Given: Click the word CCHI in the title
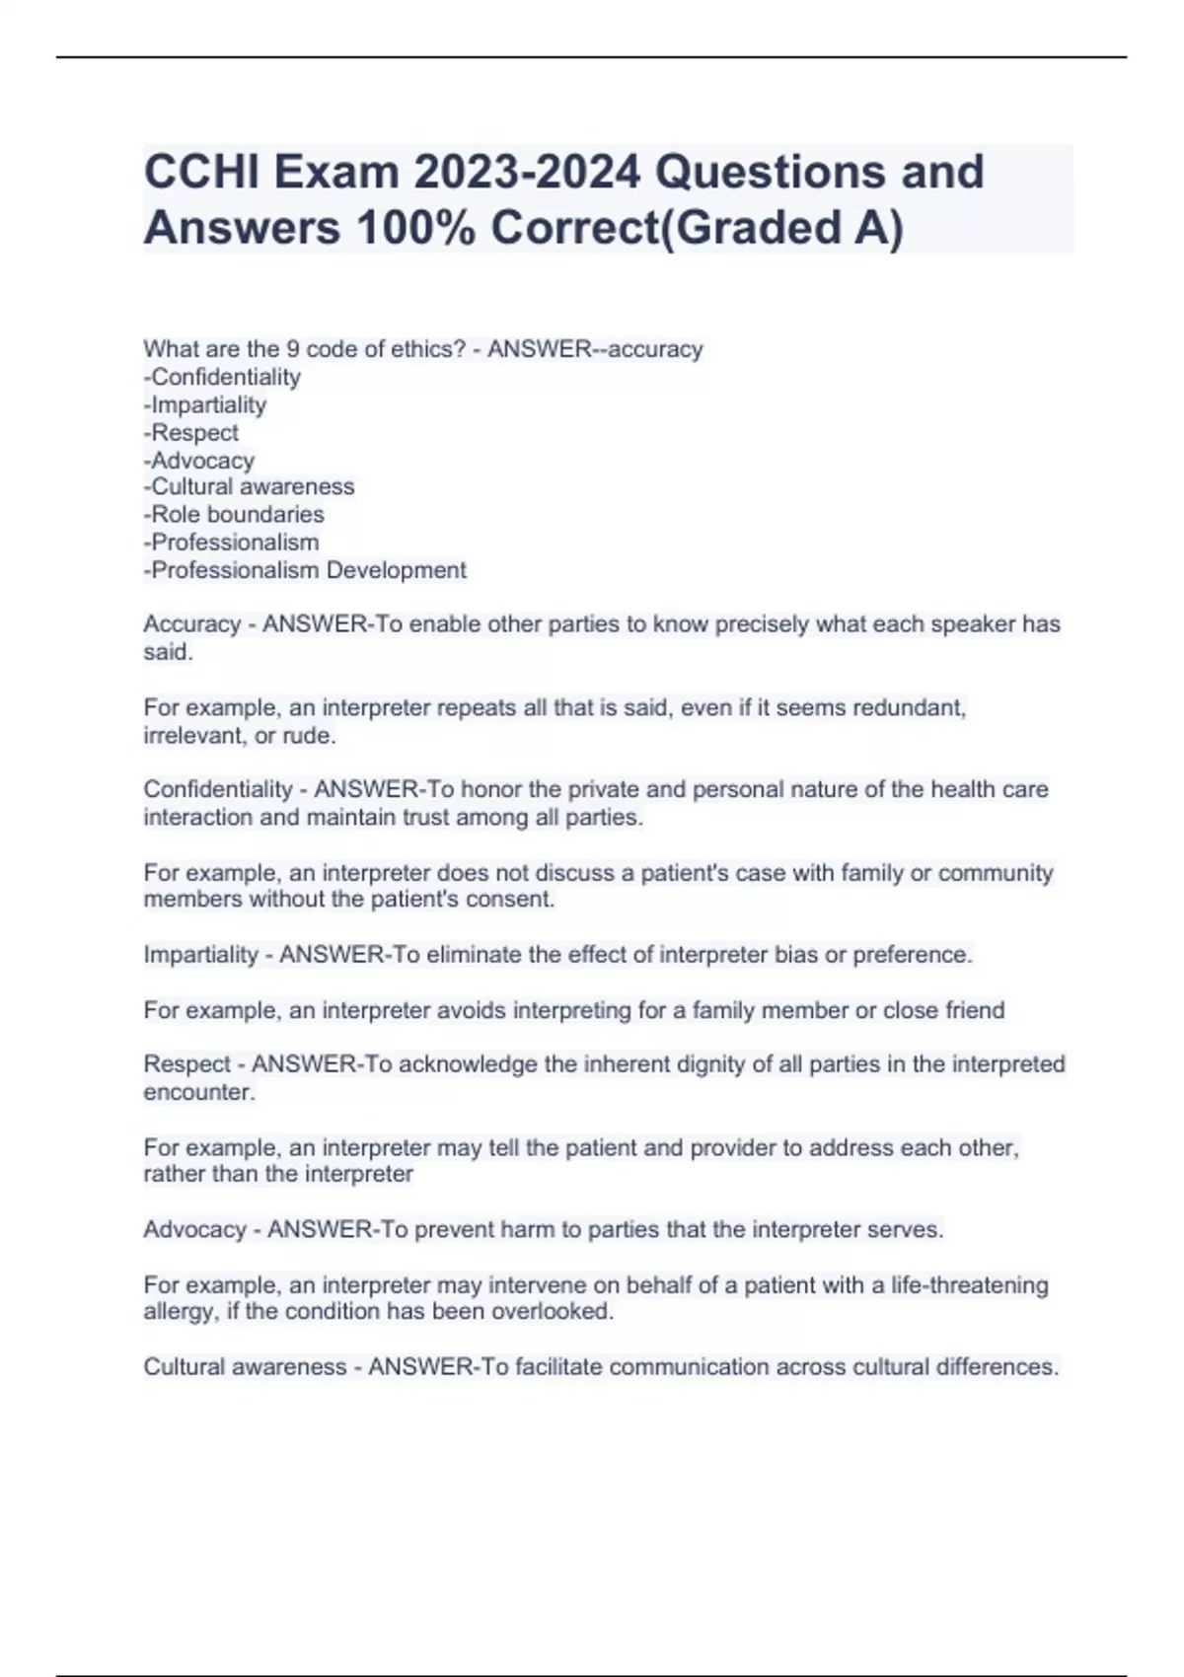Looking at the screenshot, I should tap(201, 172).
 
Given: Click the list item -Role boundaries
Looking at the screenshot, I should tap(234, 514).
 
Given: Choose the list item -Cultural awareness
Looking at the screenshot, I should tap(249, 486).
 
